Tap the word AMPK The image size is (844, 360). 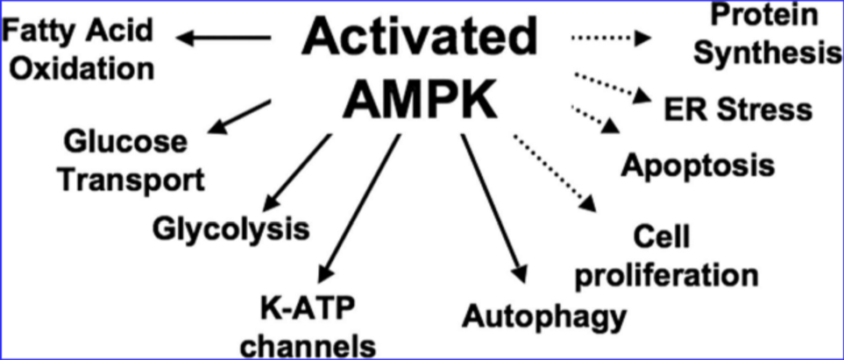[x=420, y=101]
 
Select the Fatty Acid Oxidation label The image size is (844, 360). [x=78, y=50]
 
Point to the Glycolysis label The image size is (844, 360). [x=231, y=229]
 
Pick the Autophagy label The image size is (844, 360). [x=545, y=316]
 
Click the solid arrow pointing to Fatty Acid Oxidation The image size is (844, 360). [x=223, y=39]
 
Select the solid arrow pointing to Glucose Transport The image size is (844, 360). [x=239, y=116]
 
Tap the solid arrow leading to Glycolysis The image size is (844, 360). [x=296, y=173]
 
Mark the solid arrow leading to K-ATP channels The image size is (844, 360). [x=359, y=208]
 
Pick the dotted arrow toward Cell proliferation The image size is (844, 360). [x=555, y=173]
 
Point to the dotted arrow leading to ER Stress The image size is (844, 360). [x=612, y=88]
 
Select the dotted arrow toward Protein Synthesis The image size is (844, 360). [x=611, y=38]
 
